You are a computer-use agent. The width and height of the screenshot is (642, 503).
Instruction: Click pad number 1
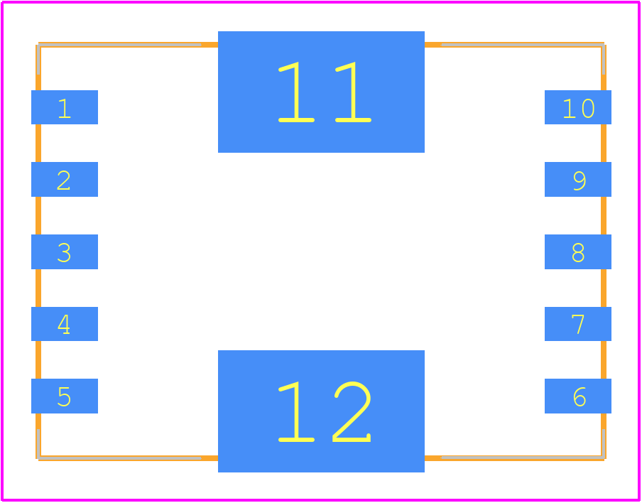click(x=65, y=107)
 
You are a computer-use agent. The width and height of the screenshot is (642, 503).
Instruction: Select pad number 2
click(x=65, y=180)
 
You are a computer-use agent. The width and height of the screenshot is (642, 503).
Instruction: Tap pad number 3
click(x=65, y=252)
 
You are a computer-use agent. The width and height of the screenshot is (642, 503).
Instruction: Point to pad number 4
click(x=65, y=324)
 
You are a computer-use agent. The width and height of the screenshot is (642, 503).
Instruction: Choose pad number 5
click(x=65, y=396)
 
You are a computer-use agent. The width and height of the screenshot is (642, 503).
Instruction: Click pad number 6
click(x=578, y=396)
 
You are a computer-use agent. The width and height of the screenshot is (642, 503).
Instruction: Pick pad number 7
click(x=578, y=324)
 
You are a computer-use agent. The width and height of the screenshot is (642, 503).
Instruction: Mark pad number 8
click(x=578, y=252)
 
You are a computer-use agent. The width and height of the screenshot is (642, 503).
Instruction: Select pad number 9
click(x=578, y=180)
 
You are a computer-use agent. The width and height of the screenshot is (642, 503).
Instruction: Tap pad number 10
click(x=578, y=107)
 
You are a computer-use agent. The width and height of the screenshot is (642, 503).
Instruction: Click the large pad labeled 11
click(x=322, y=92)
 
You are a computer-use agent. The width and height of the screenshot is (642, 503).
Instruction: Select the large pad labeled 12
click(x=322, y=411)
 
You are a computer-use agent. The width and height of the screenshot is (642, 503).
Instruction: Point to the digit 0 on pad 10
click(x=588, y=109)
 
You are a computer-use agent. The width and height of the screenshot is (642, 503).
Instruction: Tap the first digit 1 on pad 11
click(x=296, y=92)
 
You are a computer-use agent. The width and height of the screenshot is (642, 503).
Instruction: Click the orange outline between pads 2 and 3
click(x=38, y=215)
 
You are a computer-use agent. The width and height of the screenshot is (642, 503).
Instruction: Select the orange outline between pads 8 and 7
click(x=604, y=288)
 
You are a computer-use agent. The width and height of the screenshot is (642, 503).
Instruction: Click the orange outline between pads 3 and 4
click(x=38, y=288)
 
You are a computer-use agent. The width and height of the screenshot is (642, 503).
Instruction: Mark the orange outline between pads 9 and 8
click(x=604, y=215)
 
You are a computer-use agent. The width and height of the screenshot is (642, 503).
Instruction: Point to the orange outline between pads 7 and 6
click(x=604, y=359)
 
